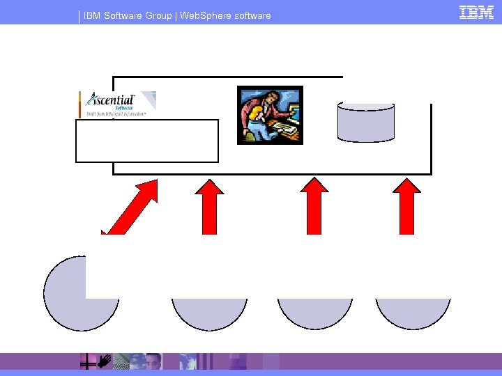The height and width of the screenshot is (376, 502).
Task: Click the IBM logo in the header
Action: click(476, 12)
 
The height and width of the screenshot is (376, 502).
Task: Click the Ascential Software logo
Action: click(117, 104)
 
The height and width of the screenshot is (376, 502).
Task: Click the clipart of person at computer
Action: click(270, 115)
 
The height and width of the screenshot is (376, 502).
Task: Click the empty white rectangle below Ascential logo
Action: click(147, 141)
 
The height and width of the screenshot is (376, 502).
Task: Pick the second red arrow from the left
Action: click(209, 205)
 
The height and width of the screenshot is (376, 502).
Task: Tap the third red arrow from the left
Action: click(314, 205)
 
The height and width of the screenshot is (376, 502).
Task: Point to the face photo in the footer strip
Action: click(153, 361)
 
